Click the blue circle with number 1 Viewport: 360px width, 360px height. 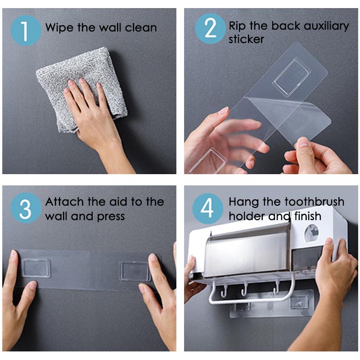coord(26,30)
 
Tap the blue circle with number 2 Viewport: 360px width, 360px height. coord(210,29)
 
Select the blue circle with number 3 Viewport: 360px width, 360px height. coord(26,208)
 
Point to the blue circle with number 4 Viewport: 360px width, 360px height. coord(207,208)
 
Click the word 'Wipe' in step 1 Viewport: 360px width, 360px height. coord(59,28)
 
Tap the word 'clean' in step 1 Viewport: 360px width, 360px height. coord(141,27)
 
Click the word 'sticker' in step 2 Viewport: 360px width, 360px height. coord(246,39)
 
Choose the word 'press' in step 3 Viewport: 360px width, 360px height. coord(111,216)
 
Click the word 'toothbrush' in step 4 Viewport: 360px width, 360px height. coord(314,202)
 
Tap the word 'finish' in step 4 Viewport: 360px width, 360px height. coord(308,216)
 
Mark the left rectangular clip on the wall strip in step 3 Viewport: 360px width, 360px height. coord(36,268)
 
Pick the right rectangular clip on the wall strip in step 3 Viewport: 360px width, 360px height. coord(135,271)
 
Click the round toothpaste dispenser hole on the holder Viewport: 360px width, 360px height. coord(311,233)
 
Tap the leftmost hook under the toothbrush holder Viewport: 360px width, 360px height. coord(223,290)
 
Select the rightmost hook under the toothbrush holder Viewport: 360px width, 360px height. coord(277,286)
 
